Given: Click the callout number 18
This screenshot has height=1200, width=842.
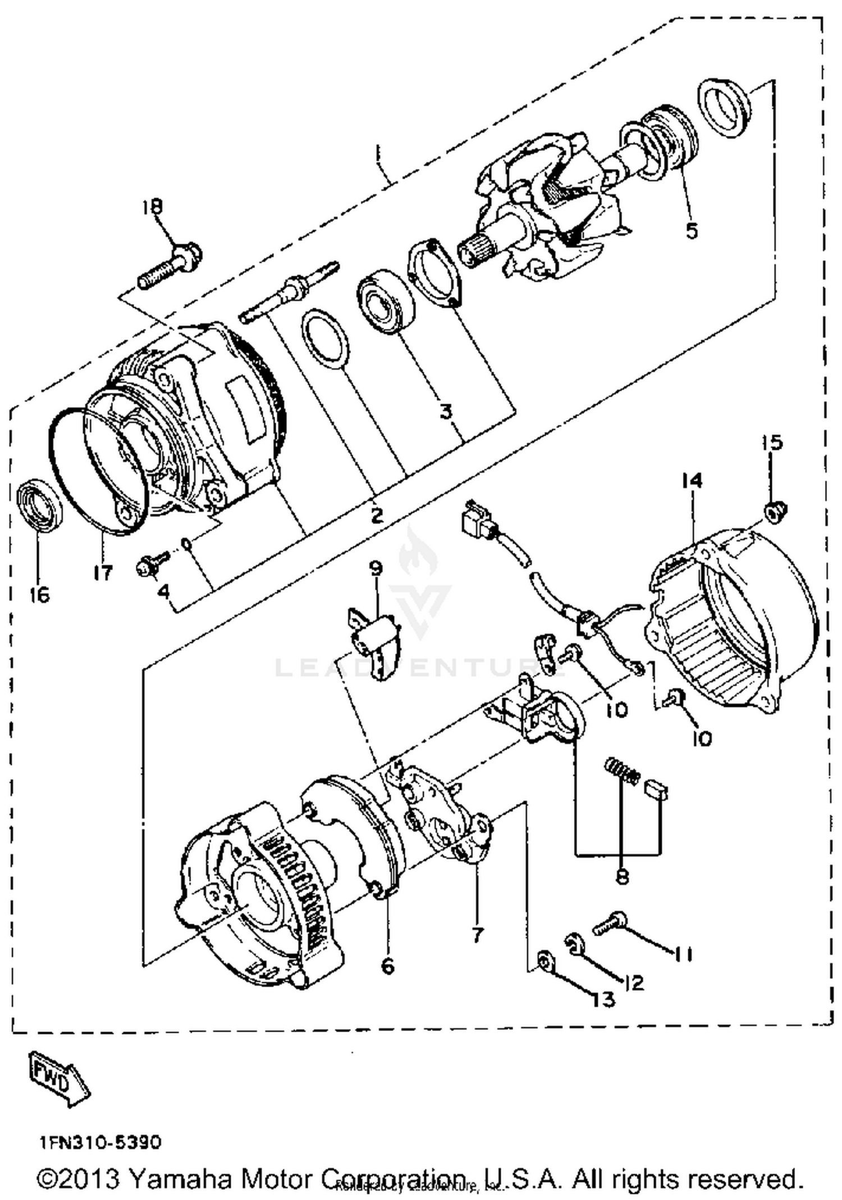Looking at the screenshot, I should tap(152, 207).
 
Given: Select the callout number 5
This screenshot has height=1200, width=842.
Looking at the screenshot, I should tap(692, 230).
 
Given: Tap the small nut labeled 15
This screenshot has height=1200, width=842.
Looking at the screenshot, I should tap(776, 512).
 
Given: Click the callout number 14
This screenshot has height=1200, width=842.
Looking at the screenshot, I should tap(692, 481).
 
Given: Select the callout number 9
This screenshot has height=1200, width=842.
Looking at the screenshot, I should tap(376, 568).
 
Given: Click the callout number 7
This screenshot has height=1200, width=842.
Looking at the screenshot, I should tap(477, 934).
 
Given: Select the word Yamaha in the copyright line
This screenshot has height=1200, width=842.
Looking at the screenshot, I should tap(179, 1179).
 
